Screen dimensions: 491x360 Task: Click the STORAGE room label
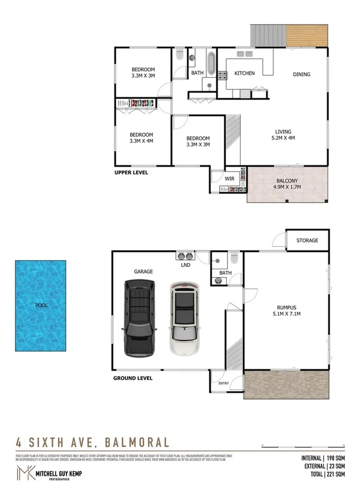pos(307,240)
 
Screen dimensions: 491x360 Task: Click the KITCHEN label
pos(244,74)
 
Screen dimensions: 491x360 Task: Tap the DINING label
pos(301,74)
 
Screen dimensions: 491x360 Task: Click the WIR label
pos(229,179)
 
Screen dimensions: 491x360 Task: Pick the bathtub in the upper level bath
pos(211,63)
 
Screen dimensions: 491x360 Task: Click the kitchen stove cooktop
pos(221,75)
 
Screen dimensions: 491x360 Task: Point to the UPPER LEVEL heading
pos(131,173)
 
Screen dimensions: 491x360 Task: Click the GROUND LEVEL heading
pos(133,378)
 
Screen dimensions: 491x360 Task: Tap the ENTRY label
pos(224,383)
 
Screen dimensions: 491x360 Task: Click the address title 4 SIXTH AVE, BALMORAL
pos(92,442)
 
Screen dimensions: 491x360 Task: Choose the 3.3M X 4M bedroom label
pos(141,138)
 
